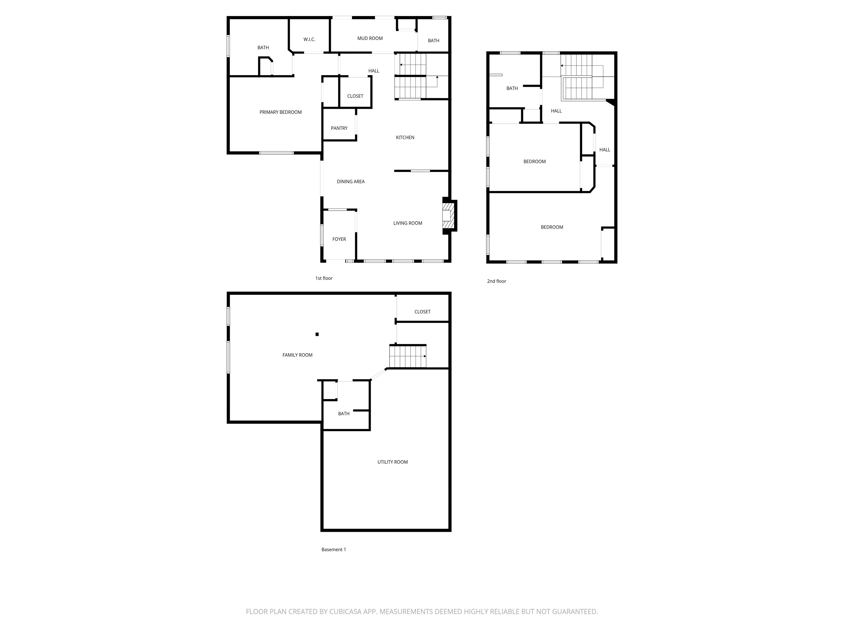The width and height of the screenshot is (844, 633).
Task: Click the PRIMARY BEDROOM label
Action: coord(281,112)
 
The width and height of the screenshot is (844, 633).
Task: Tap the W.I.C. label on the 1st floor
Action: coord(309,39)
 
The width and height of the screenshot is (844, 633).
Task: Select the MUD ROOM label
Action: coord(370,38)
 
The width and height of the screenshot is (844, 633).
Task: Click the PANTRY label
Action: coord(339,128)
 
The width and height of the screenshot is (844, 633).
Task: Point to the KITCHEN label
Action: coord(405,137)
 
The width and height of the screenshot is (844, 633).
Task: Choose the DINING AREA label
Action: coord(351,182)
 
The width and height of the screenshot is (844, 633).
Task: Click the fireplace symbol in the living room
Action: coord(448,216)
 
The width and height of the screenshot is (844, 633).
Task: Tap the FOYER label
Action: coord(339,239)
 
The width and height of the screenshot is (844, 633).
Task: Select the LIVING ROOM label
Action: coord(407,223)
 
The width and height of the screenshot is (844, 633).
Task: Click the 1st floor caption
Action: coord(324,278)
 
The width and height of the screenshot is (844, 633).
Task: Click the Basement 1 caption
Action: coord(334,549)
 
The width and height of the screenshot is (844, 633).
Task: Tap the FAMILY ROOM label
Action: coord(297,355)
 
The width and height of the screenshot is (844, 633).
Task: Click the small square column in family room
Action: coord(317,334)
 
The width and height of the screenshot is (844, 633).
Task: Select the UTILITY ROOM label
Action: coord(392,462)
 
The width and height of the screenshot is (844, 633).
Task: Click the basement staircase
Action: coord(407,356)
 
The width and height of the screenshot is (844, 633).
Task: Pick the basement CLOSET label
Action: coord(422,312)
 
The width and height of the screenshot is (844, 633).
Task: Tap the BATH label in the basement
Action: coord(343,413)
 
